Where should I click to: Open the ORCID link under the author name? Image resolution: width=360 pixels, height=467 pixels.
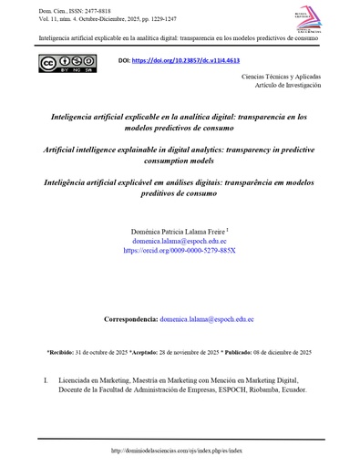pyautogui.click(x=180, y=251)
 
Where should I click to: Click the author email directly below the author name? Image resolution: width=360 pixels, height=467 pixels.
pyautogui.click(x=180, y=242)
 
